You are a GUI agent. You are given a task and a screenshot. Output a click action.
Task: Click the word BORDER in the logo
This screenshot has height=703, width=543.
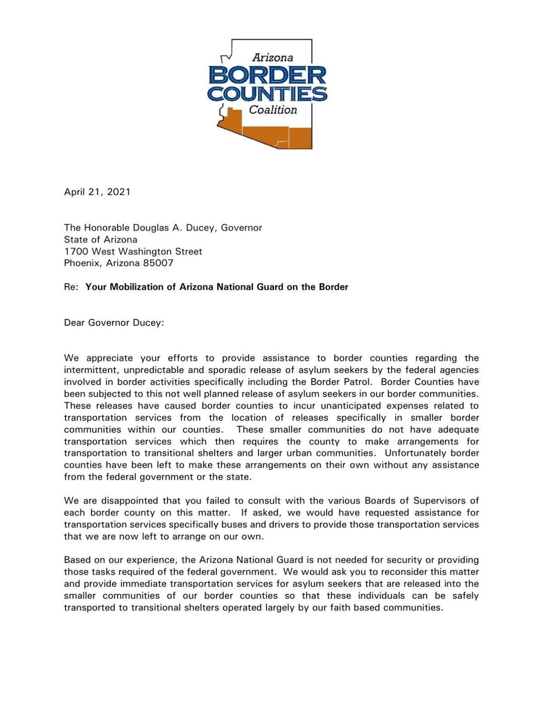pos(267,75)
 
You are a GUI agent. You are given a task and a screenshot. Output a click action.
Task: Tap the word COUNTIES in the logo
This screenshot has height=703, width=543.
pos(267,94)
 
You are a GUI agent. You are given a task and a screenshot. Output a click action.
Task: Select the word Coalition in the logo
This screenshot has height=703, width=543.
pos(273,110)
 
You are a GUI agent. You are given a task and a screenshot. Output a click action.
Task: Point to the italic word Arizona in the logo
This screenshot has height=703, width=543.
pos(272,58)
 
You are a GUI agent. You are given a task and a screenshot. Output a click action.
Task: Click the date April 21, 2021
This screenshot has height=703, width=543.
pos(97,192)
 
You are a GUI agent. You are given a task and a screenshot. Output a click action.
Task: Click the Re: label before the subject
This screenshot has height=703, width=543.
pos(71,287)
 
